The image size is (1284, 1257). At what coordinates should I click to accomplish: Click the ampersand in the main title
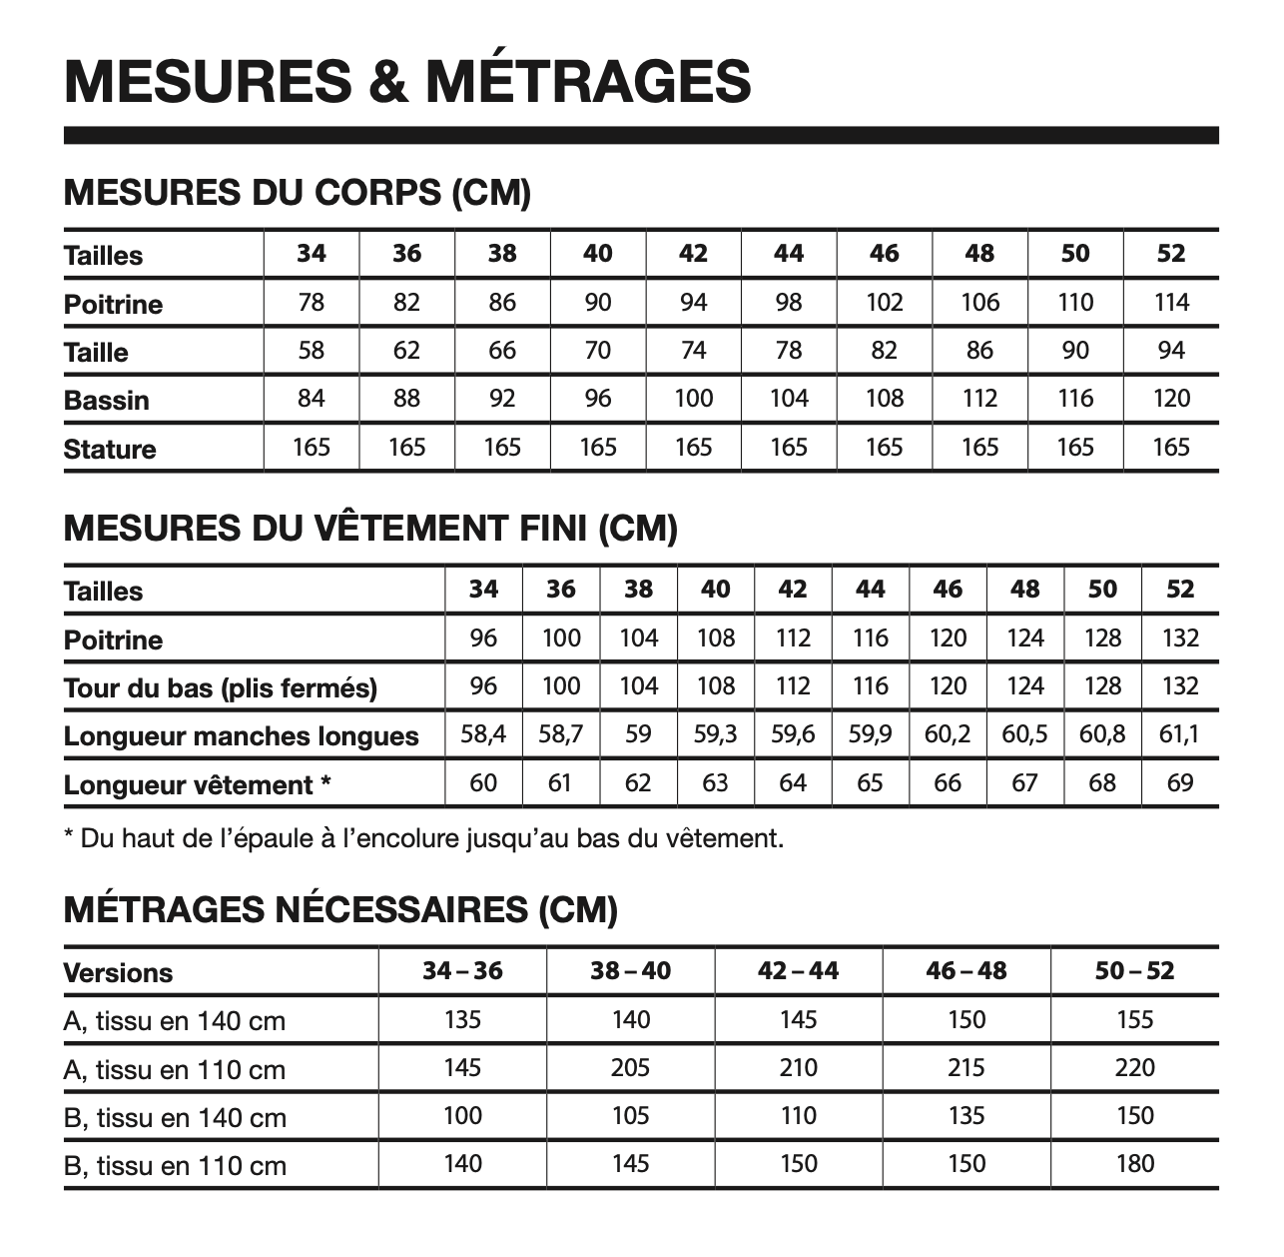(x=388, y=81)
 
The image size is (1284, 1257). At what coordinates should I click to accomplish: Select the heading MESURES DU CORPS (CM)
(x=297, y=192)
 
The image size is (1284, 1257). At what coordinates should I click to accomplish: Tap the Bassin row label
(x=106, y=400)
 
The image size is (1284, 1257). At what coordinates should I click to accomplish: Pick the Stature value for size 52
(x=1170, y=447)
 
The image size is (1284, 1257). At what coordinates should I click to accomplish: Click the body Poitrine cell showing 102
(x=884, y=302)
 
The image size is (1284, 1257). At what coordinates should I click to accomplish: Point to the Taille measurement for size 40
(x=597, y=351)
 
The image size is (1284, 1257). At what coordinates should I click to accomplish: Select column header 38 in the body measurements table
(x=501, y=254)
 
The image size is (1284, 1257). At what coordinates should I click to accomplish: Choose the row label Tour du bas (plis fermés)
(x=220, y=687)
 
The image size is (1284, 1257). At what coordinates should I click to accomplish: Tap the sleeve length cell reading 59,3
(x=715, y=734)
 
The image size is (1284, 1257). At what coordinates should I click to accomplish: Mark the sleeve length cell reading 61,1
(x=1179, y=734)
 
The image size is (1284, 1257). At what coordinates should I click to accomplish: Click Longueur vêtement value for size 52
(x=1179, y=782)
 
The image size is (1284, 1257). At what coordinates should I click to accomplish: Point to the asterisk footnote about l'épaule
(x=423, y=838)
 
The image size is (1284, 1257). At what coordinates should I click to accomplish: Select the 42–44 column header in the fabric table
(x=798, y=970)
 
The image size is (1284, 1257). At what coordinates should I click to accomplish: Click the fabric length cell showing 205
(x=630, y=1067)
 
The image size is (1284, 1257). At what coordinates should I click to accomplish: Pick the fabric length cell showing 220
(x=1134, y=1067)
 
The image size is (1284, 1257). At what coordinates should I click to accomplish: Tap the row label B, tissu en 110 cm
(x=175, y=1165)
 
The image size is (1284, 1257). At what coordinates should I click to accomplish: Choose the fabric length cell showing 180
(x=1134, y=1163)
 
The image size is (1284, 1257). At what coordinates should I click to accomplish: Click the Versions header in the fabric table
(x=118, y=972)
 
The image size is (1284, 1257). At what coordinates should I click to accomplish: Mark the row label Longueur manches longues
(x=241, y=736)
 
